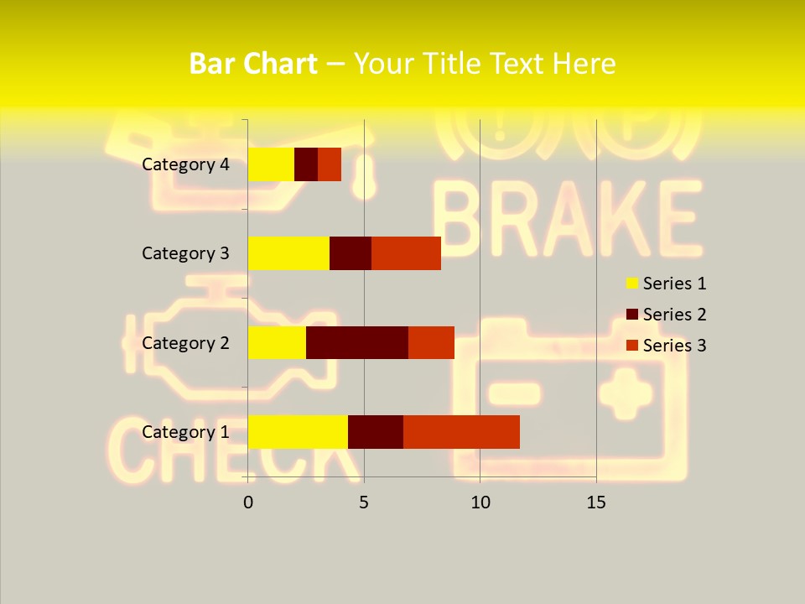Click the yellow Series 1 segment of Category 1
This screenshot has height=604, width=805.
point(298,431)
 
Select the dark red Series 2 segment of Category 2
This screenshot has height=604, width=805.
point(357,342)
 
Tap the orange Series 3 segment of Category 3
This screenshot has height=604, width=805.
point(406,253)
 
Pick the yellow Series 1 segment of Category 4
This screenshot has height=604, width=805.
point(271,164)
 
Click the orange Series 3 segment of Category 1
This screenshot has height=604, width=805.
point(461,431)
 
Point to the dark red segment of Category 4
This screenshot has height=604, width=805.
point(306,164)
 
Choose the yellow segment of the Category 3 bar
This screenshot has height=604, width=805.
point(288,253)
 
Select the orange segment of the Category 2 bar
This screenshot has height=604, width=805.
point(431,342)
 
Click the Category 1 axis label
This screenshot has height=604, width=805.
point(185,432)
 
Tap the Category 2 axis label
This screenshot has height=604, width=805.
point(185,343)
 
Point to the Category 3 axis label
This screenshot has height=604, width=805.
point(185,253)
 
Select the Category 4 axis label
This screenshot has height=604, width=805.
point(185,164)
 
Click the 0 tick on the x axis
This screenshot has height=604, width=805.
point(248,502)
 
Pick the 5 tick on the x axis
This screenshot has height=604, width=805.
point(364,502)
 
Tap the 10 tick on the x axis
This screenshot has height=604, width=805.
point(480,502)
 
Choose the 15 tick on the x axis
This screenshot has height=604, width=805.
point(596,502)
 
